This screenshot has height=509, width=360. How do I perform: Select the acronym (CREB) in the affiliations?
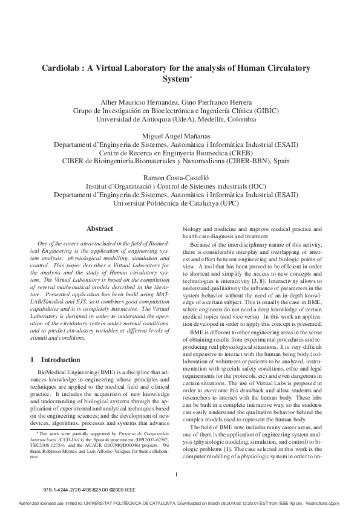pyautogui.click(x=244, y=154)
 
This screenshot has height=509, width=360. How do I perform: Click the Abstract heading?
pyautogui.click(x=100, y=229)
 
